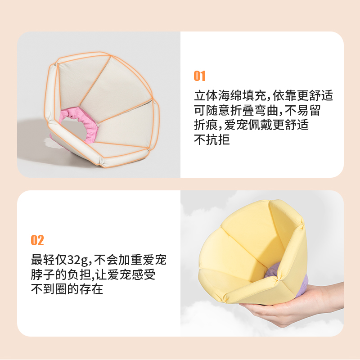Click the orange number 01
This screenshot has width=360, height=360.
click(199, 76)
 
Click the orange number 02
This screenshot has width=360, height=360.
click(37, 240)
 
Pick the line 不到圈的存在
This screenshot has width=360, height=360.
click(67, 289)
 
